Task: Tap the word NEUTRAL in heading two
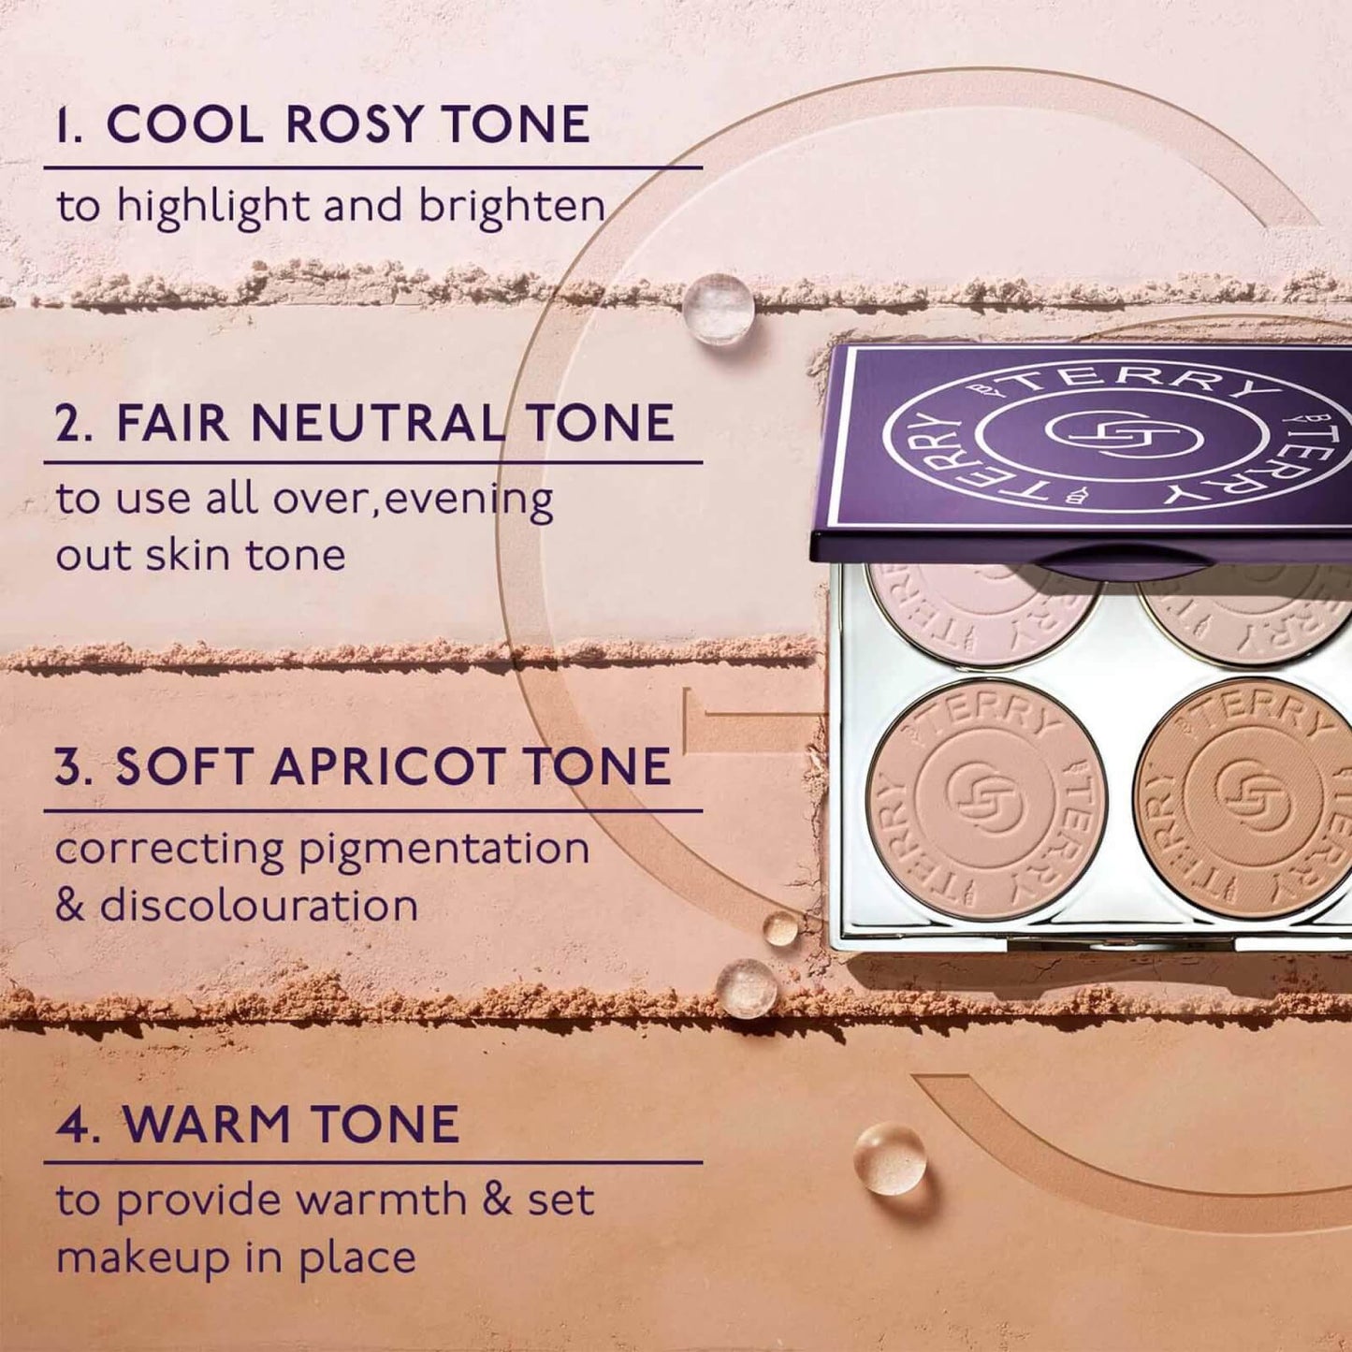pyautogui.click(x=377, y=423)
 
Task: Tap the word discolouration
pyautogui.click(x=259, y=906)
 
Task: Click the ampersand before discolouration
pyautogui.click(x=69, y=906)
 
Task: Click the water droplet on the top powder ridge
pyautogui.click(x=719, y=309)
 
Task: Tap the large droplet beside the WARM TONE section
pyautogui.click(x=891, y=1158)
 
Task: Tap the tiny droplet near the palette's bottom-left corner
pyautogui.click(x=779, y=928)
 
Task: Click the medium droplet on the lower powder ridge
pyautogui.click(x=746, y=988)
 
